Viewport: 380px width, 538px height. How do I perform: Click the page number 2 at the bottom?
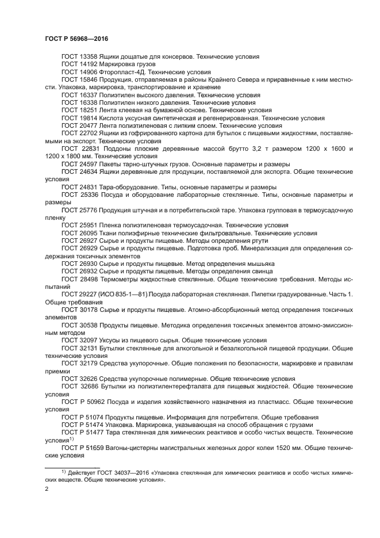click(x=47, y=489)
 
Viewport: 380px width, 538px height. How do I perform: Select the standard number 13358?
click(x=89, y=57)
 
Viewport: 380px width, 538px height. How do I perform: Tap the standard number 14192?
click(x=89, y=64)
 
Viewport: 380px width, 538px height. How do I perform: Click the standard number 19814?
click(x=89, y=117)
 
